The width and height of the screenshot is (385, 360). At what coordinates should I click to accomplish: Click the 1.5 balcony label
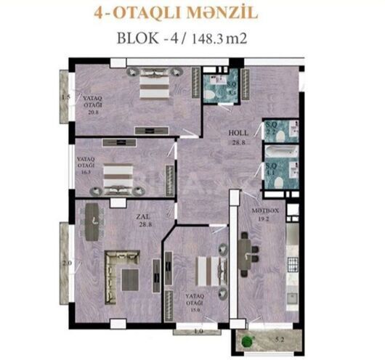pyautogui.click(x=65, y=97)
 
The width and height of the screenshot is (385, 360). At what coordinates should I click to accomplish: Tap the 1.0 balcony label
pyautogui.click(x=198, y=332)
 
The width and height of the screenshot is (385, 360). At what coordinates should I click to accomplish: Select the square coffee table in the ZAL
pyautogui.click(x=131, y=277)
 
